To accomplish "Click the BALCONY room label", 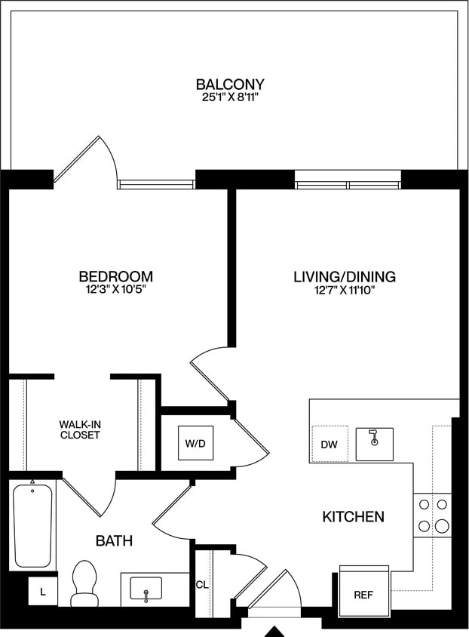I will coord(230,84).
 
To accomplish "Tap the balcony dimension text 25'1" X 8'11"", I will coord(230,97).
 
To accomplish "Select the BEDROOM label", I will coord(116,276).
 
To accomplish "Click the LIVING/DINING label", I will coord(344,277).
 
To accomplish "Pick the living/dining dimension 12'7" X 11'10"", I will coord(344,291).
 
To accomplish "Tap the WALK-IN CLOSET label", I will coord(80,429).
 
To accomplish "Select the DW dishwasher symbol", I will coord(330,444).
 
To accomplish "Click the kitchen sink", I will coord(375,443).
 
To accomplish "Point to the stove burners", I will coord(433,515).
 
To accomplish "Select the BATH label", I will coord(115,540).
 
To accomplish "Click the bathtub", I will coord(33,525).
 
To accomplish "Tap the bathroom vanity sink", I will coord(146,589).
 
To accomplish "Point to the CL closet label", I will coord(201,584).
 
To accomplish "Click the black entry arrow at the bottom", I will coord(277,631).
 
